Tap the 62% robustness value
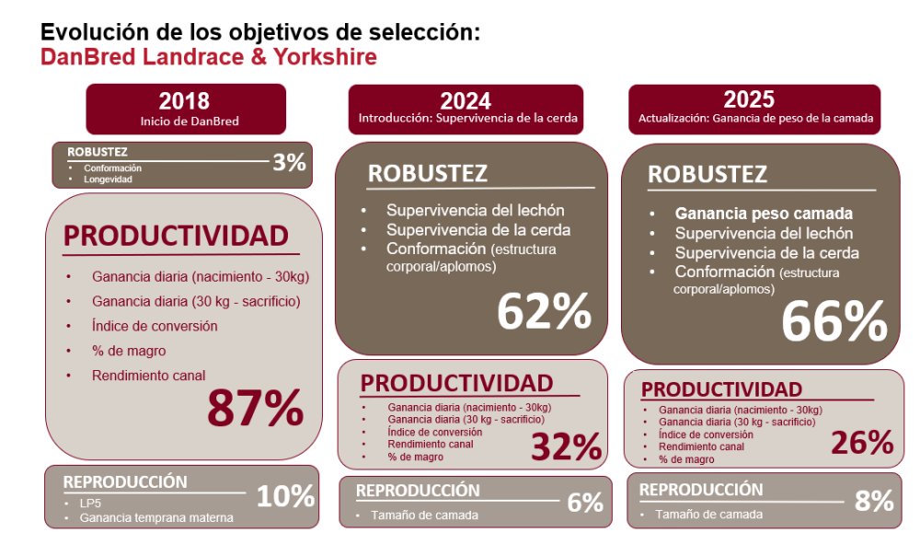click(x=544, y=312)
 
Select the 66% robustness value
click(x=834, y=321)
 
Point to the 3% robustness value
click(x=288, y=163)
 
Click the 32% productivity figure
click(x=565, y=446)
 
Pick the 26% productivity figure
click(x=862, y=443)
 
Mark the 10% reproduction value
click(x=285, y=497)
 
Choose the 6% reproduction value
click(x=585, y=503)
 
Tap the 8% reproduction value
click(x=874, y=501)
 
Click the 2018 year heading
click(x=184, y=101)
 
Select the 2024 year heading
click(x=465, y=101)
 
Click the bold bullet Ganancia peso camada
click(x=764, y=213)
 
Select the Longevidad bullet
click(x=108, y=179)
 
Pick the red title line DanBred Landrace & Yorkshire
click(x=208, y=57)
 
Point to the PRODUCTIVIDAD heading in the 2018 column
click(x=176, y=237)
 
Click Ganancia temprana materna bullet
click(x=156, y=517)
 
